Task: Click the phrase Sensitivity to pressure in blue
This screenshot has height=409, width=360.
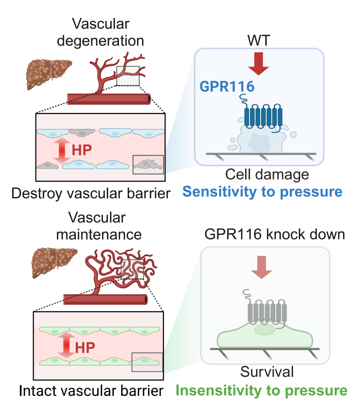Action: pyautogui.click(x=262, y=192)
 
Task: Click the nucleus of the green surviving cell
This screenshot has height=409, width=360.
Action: pyautogui.click(x=264, y=330)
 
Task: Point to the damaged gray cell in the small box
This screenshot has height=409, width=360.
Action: pyautogui.click(x=148, y=164)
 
